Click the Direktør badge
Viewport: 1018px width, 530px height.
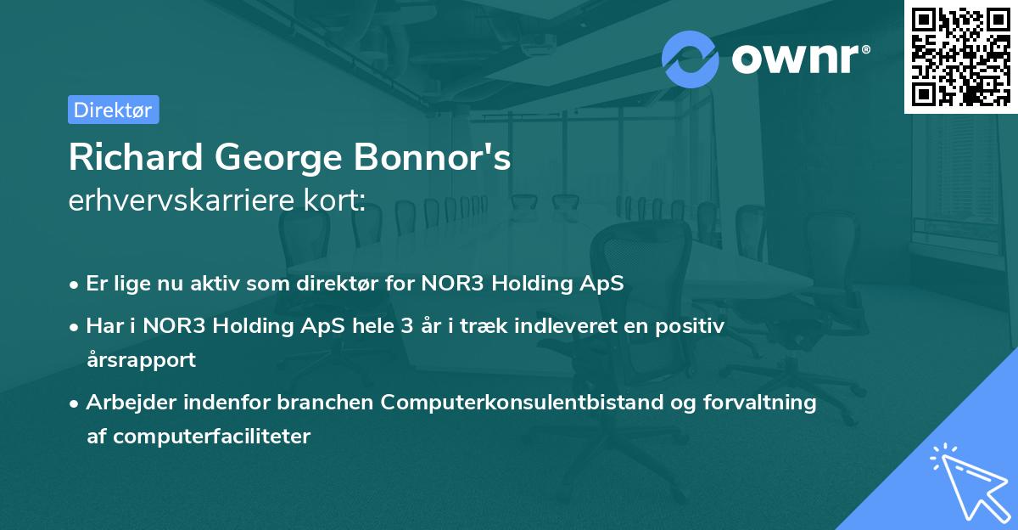tap(113, 110)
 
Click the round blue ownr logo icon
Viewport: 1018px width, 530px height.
tap(691, 59)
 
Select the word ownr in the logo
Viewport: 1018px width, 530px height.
tap(797, 58)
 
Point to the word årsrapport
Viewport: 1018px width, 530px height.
tap(141, 359)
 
